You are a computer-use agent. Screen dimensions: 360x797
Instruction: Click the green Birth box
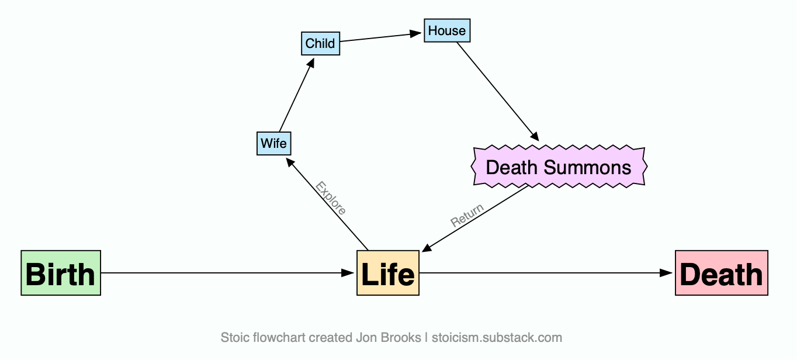[x=61, y=273]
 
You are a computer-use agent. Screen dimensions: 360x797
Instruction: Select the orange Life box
[x=388, y=273]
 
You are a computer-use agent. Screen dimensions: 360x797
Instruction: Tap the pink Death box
[x=721, y=273]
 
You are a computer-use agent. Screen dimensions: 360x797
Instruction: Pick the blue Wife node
[x=273, y=143]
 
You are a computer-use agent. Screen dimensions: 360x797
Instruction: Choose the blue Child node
[x=320, y=44]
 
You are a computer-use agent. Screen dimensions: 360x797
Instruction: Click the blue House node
[x=447, y=31]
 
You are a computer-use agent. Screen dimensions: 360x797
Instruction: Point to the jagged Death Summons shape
[x=559, y=168]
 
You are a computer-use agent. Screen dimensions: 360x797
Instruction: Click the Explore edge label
[x=331, y=198]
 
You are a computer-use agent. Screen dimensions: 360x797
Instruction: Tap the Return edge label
[x=467, y=215]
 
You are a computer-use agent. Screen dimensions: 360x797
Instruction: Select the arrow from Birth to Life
[x=228, y=273]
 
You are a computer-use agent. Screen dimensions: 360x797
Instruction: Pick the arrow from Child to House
[x=381, y=37]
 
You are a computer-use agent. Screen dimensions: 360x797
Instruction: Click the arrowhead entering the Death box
[x=667, y=273]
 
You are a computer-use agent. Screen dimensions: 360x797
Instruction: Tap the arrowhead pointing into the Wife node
[x=289, y=162]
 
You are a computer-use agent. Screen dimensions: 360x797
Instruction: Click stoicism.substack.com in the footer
[x=497, y=338]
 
